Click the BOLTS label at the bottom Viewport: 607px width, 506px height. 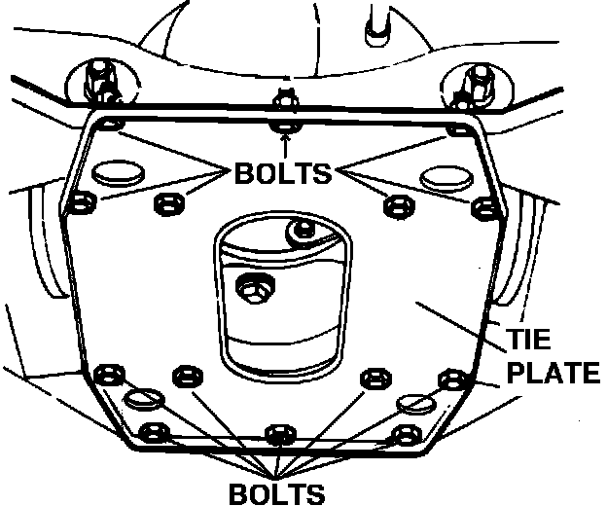tap(278, 490)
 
